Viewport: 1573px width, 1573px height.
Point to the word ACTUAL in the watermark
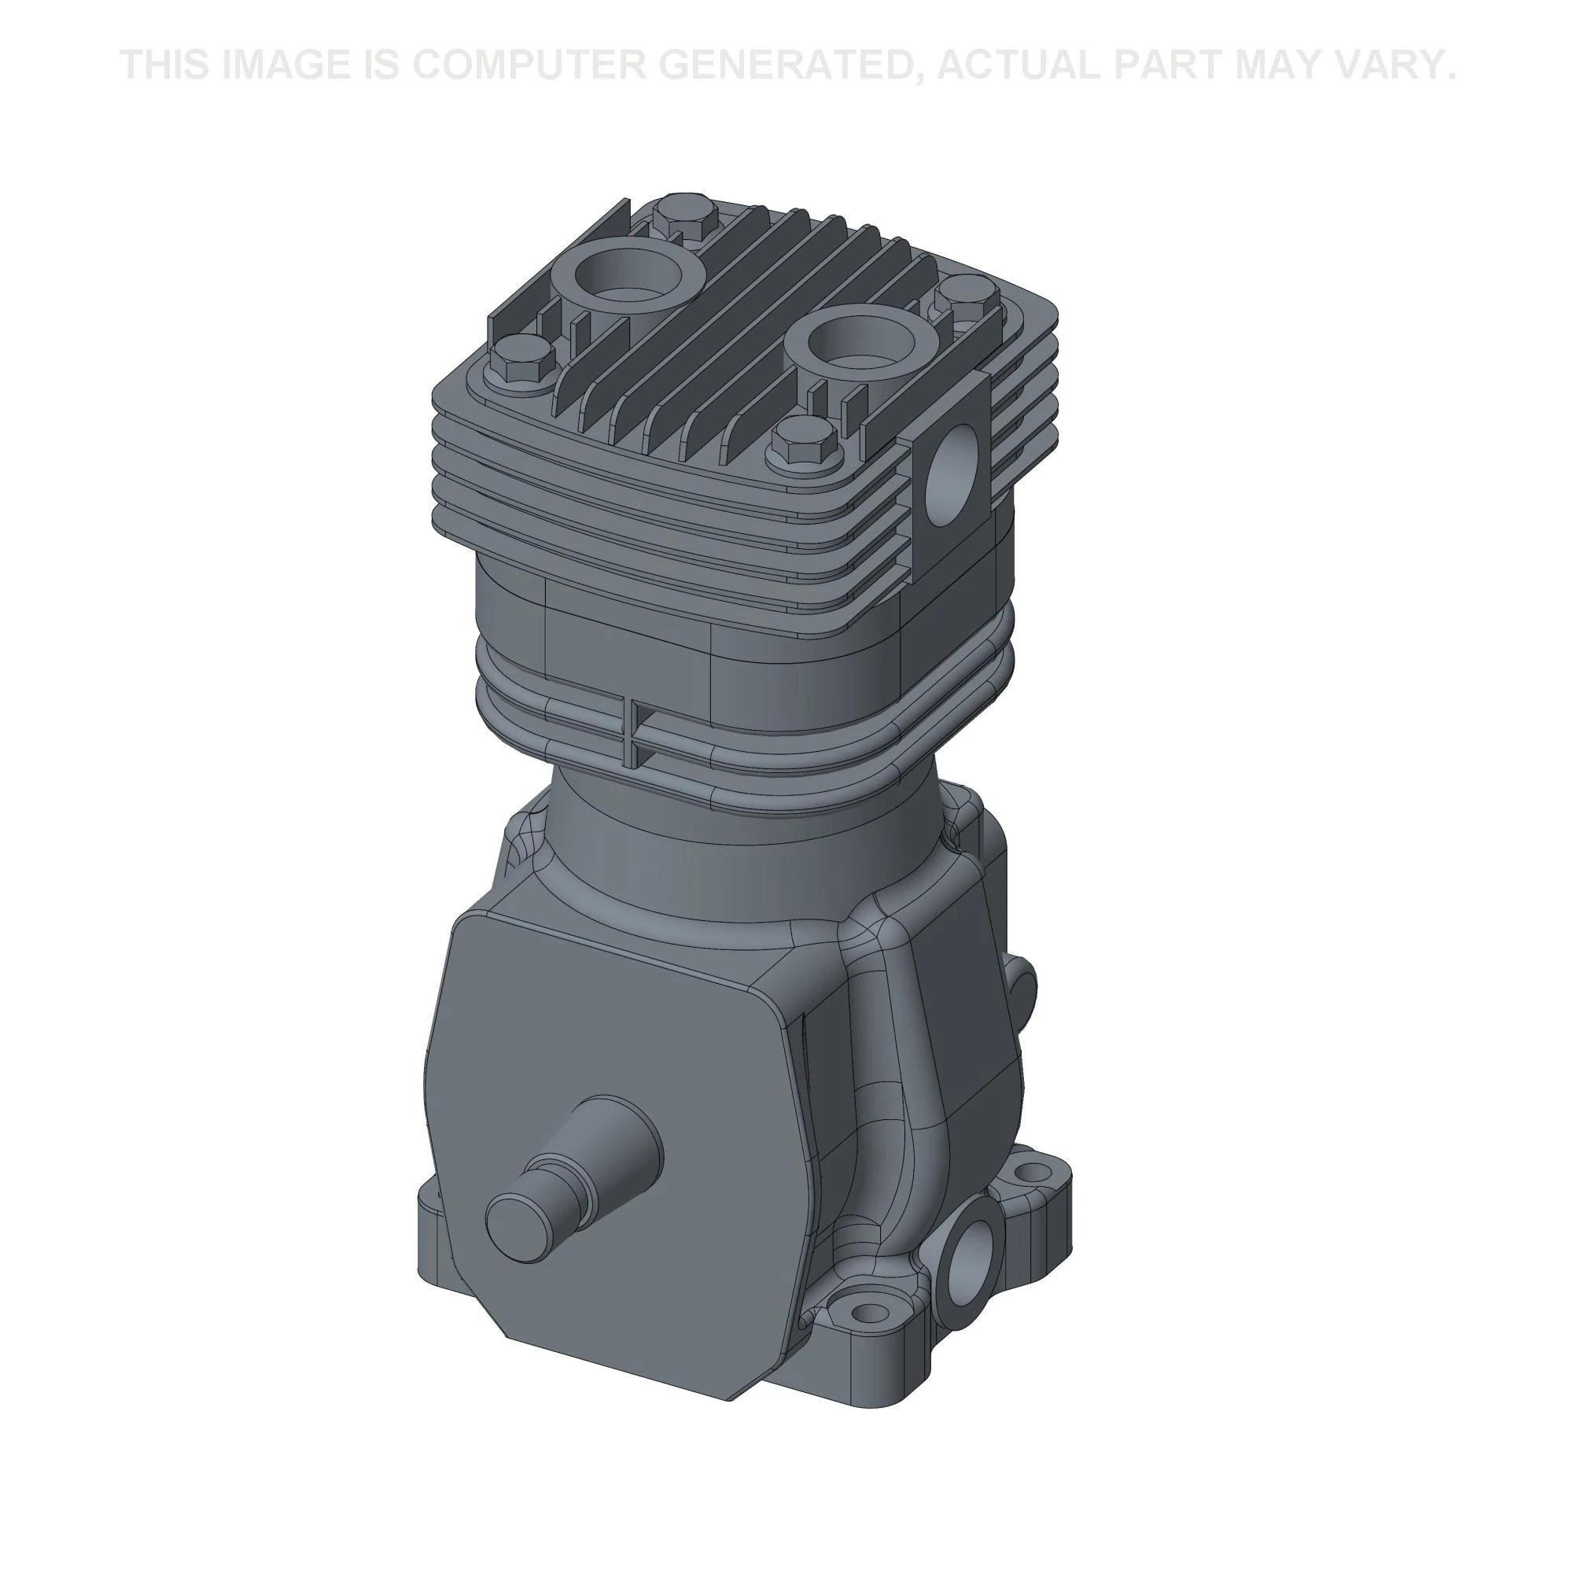pos(1018,64)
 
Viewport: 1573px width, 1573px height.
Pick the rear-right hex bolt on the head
pos(966,293)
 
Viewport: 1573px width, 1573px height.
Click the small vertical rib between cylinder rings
pos(632,730)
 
